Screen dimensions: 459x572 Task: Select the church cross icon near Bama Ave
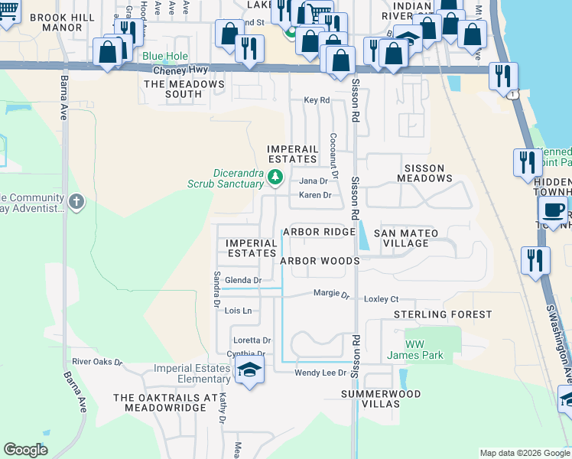click(x=75, y=202)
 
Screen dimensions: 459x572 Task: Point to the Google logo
click(x=25, y=450)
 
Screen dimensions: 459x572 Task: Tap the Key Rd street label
click(x=316, y=100)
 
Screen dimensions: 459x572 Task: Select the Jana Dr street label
click(x=313, y=181)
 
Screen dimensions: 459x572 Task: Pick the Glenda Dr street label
click(x=243, y=281)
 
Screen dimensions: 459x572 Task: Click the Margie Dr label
click(x=331, y=294)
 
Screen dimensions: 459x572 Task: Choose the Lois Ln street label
click(x=238, y=311)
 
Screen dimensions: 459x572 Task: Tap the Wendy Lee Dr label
click(x=321, y=373)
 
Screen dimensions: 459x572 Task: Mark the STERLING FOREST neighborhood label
click(x=443, y=314)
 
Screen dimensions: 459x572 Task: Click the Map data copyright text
click(x=524, y=453)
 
